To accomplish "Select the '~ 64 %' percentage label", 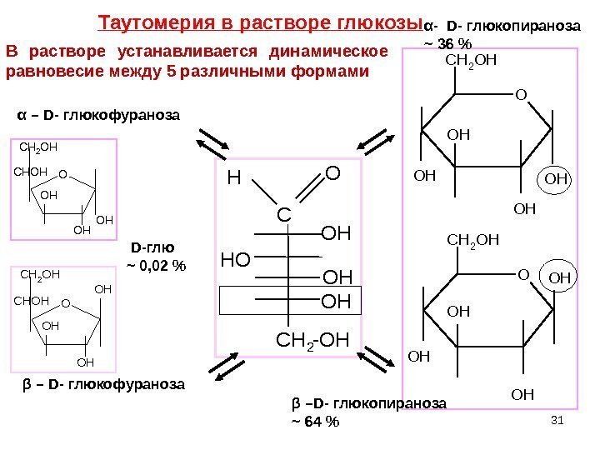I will [x=315, y=421].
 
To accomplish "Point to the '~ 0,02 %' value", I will [x=156, y=267].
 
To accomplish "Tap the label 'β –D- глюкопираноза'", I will [x=368, y=403].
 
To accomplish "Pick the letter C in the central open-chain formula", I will [x=284, y=217].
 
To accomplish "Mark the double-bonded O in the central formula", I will [x=332, y=174].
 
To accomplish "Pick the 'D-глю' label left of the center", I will [x=152, y=247].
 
